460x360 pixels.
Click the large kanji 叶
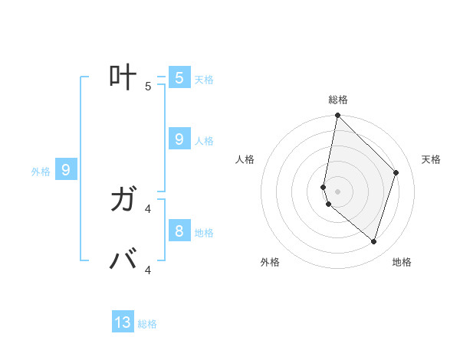tap(123, 77)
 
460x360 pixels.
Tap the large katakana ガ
tap(123, 201)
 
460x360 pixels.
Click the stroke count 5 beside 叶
tap(148, 86)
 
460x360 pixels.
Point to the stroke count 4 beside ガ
tap(148, 208)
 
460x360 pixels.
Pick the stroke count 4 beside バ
tap(148, 270)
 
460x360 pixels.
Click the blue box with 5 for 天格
tap(179, 78)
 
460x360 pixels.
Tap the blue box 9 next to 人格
tap(179, 139)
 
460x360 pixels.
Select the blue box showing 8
tap(179, 231)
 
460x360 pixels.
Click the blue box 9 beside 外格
tap(66, 170)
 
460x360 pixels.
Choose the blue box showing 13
tap(123, 322)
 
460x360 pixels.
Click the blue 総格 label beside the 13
tap(147, 324)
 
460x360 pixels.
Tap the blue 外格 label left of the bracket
tap(41, 172)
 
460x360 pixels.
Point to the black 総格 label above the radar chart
tap(338, 100)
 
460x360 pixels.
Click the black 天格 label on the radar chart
tap(431, 159)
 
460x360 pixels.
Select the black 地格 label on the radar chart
tap(402, 262)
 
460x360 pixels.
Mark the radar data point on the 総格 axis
tap(337, 116)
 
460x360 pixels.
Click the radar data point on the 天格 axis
tap(396, 172)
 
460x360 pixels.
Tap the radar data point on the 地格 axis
tap(373, 241)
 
